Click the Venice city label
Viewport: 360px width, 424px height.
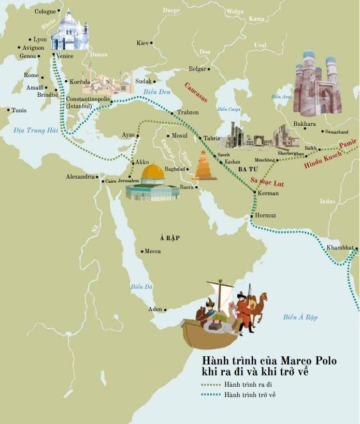[x=64, y=56]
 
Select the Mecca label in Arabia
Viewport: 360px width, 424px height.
[x=153, y=252]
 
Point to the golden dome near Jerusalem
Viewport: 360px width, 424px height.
[x=153, y=172]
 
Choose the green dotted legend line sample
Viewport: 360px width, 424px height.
[x=212, y=385]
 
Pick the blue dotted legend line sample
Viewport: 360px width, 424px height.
[x=212, y=395]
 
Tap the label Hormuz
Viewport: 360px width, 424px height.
[x=266, y=215]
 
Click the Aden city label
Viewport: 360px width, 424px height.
[x=155, y=310]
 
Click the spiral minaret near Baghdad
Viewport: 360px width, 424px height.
[x=203, y=167]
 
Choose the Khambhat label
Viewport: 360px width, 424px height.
[x=340, y=248]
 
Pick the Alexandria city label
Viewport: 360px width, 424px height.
[x=80, y=177]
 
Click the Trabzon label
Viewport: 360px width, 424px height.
[x=188, y=112]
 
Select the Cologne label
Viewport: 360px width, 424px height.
[x=45, y=11]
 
